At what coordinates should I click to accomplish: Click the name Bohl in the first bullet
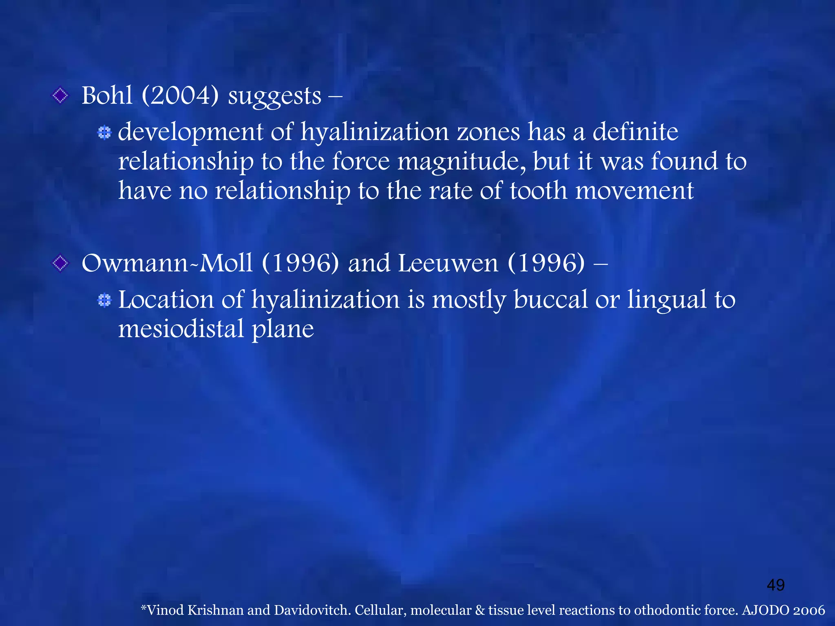point(107,96)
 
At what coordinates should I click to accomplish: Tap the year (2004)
point(180,96)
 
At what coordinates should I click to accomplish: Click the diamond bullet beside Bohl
point(60,96)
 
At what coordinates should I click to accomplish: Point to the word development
point(190,133)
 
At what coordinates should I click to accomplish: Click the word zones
point(488,132)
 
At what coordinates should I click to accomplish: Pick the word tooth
point(538,191)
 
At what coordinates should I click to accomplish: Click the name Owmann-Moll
point(167,263)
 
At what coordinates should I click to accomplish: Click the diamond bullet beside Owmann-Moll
point(60,263)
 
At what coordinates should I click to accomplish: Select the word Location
point(166,300)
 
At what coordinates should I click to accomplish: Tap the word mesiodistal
point(181,329)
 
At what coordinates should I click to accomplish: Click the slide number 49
point(775,585)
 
